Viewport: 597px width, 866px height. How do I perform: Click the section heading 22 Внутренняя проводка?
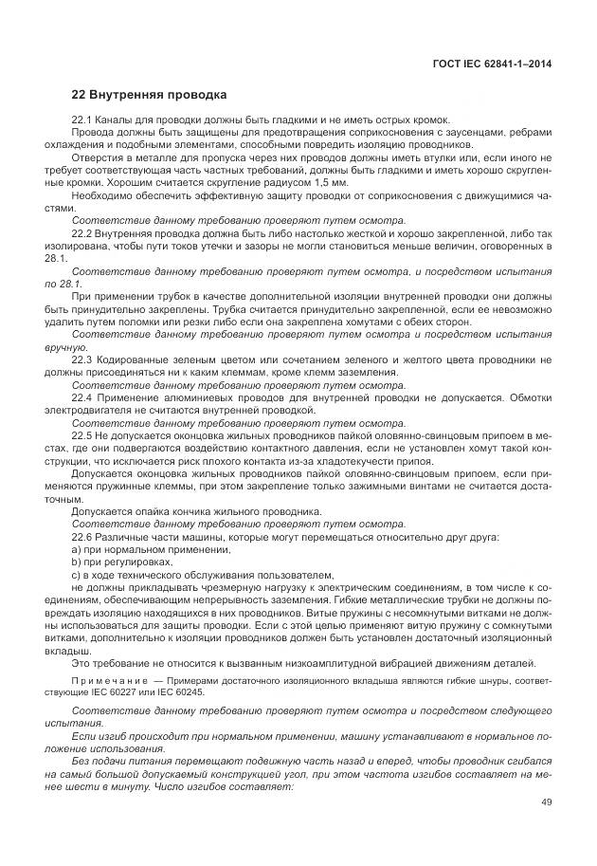149,96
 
